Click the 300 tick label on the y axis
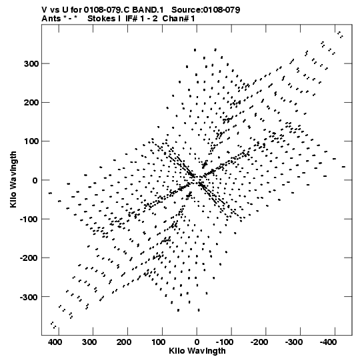click(x=31, y=64)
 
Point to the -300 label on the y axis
click(x=29, y=297)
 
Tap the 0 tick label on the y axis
click(x=35, y=180)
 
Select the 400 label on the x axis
click(x=55, y=342)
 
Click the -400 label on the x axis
click(x=328, y=342)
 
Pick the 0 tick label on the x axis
click(x=197, y=342)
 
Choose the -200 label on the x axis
click(x=259, y=342)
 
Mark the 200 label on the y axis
click(x=31, y=103)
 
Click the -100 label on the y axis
click(x=29, y=219)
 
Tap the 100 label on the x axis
click(x=158, y=342)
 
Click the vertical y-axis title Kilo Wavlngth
click(x=13, y=179)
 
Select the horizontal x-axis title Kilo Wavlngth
click(x=197, y=351)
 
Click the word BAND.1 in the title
click(x=148, y=10)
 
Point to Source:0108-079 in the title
click(x=206, y=10)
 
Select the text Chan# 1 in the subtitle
click(x=179, y=19)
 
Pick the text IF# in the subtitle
click(x=131, y=19)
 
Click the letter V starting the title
click(x=45, y=10)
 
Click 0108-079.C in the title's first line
click(x=107, y=10)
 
